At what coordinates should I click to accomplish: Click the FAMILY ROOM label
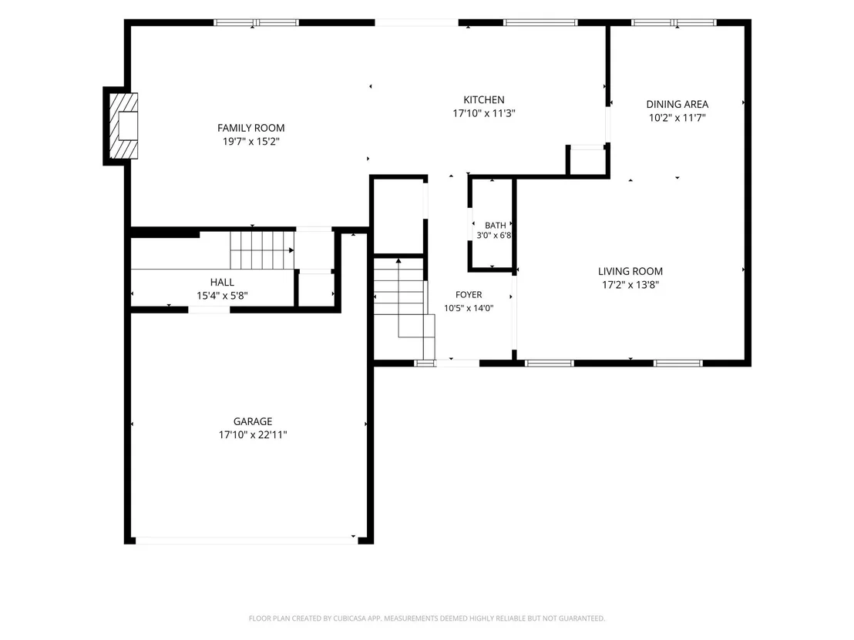(250, 128)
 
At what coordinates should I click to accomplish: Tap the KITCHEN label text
(483, 99)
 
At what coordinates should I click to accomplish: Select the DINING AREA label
(677, 104)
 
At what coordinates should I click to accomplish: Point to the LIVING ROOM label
(630, 271)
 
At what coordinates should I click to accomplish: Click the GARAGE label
(253, 421)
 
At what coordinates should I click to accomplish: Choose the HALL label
(222, 282)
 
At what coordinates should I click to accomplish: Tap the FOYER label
(469, 294)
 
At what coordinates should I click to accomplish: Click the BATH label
(495, 226)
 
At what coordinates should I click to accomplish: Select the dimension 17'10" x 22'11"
(253, 435)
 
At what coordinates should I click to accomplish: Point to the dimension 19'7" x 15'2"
(250, 142)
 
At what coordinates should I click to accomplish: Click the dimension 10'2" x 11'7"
(677, 118)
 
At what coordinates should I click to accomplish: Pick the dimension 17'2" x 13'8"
(630, 285)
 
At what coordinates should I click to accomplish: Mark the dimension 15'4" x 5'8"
(222, 296)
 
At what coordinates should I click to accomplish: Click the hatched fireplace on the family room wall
(123, 126)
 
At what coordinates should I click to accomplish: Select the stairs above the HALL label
(262, 250)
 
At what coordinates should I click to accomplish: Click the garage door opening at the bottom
(245, 541)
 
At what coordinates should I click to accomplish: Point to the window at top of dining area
(674, 23)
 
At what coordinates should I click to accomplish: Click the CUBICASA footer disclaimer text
(427, 618)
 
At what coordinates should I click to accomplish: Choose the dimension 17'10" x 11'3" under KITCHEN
(483, 113)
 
